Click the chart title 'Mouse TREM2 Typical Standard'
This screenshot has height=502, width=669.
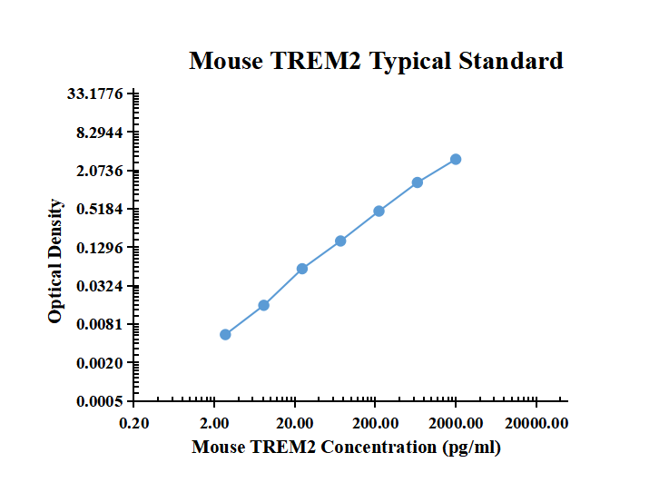[376, 61]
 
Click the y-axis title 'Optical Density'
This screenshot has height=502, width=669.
[56, 261]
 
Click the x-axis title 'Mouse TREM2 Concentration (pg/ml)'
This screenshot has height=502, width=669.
[346, 447]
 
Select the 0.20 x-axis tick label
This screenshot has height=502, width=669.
[134, 422]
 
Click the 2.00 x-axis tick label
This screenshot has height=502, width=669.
[214, 422]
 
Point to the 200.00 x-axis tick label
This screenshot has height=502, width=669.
[375, 422]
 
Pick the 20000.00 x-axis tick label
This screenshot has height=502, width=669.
[536, 422]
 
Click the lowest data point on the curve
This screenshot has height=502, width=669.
[225, 334]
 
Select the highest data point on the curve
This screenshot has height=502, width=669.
[456, 159]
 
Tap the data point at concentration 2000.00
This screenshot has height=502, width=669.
[456, 159]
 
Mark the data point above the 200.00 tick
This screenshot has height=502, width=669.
[379, 211]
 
